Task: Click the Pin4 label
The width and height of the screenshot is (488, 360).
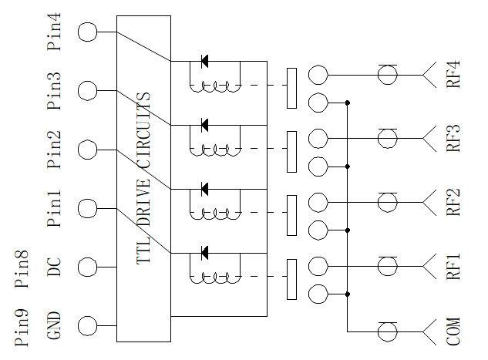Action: (x=53, y=32)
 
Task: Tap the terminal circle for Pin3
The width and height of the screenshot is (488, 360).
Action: (x=87, y=90)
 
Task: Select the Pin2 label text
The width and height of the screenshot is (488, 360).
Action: (x=53, y=150)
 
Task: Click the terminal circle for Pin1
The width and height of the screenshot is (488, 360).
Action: (x=87, y=208)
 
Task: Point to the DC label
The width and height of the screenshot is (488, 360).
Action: (x=53, y=267)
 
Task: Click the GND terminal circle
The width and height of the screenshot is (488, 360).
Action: (x=87, y=326)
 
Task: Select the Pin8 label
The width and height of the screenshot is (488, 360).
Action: (x=22, y=269)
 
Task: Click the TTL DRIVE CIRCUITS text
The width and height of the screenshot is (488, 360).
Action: (x=143, y=178)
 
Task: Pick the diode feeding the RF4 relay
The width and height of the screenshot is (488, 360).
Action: (x=204, y=61)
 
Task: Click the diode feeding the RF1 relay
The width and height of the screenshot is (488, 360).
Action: (x=204, y=253)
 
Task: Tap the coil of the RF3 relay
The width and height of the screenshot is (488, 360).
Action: (x=215, y=150)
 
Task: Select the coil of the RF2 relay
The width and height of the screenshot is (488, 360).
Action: (x=215, y=214)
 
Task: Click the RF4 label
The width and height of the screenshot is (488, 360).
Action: (x=453, y=75)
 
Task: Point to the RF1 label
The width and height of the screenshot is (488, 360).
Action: (x=453, y=267)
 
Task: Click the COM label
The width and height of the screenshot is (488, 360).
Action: (x=453, y=331)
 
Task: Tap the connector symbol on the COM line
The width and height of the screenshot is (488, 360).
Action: (x=388, y=331)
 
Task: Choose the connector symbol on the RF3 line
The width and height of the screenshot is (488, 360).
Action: (x=388, y=139)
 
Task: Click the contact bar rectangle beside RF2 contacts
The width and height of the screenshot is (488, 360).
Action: (x=291, y=215)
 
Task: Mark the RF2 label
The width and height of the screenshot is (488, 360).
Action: (x=453, y=202)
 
